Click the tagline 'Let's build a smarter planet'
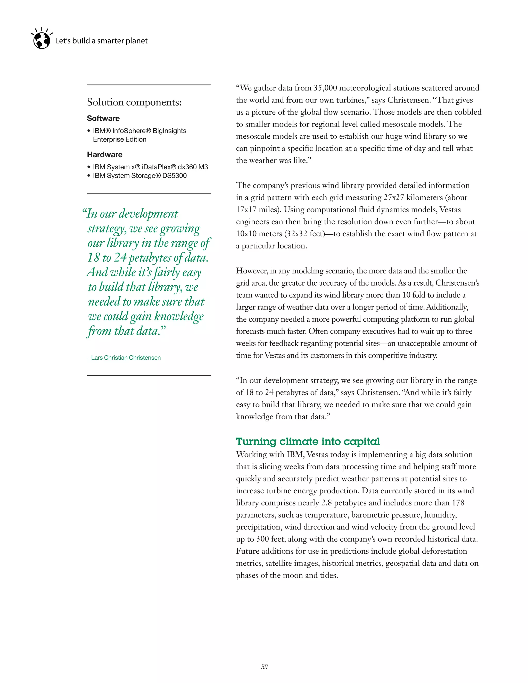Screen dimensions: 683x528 tap(101, 41)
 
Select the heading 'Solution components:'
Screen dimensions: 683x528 tap(134, 102)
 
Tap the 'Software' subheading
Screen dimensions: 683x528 tap(103, 119)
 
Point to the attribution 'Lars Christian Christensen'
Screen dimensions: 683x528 tap(126, 358)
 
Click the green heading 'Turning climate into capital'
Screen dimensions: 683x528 tap(308, 441)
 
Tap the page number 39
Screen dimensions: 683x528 tap(264, 667)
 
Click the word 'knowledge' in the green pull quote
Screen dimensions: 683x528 tap(179, 316)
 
